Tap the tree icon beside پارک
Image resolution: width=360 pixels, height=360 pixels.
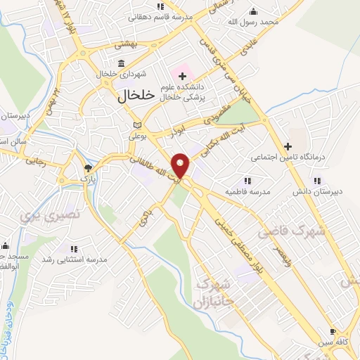[x=88, y=168]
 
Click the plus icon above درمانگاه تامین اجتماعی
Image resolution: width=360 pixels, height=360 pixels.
[x=287, y=146]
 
